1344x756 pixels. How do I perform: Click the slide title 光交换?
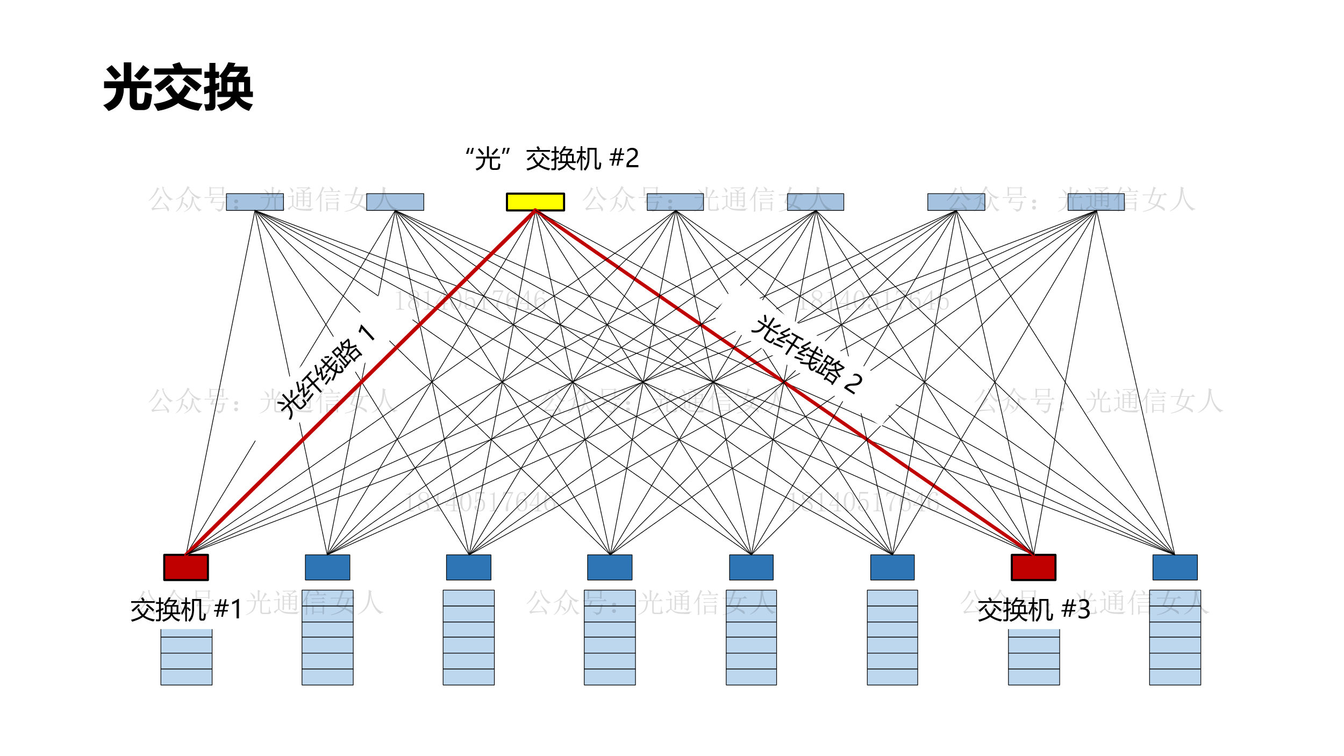178,87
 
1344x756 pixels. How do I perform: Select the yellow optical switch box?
535,202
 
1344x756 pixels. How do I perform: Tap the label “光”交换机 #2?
552,159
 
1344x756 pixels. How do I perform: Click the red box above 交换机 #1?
186,567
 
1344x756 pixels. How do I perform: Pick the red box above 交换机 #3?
1033,567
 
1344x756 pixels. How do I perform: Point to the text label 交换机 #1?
186,610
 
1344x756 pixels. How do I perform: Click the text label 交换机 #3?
1033,610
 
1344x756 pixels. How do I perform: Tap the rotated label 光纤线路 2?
806,355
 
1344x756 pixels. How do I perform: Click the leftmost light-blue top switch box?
255,202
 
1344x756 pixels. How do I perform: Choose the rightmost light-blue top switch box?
1096,202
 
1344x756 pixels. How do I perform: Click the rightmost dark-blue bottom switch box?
1175,567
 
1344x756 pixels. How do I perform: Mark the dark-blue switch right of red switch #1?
327,567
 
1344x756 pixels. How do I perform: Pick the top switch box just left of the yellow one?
395,202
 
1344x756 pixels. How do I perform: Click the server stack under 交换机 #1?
186,657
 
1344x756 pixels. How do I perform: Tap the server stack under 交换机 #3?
1033,657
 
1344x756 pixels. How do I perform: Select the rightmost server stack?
1175,637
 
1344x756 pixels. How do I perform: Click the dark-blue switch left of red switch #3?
892,567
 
